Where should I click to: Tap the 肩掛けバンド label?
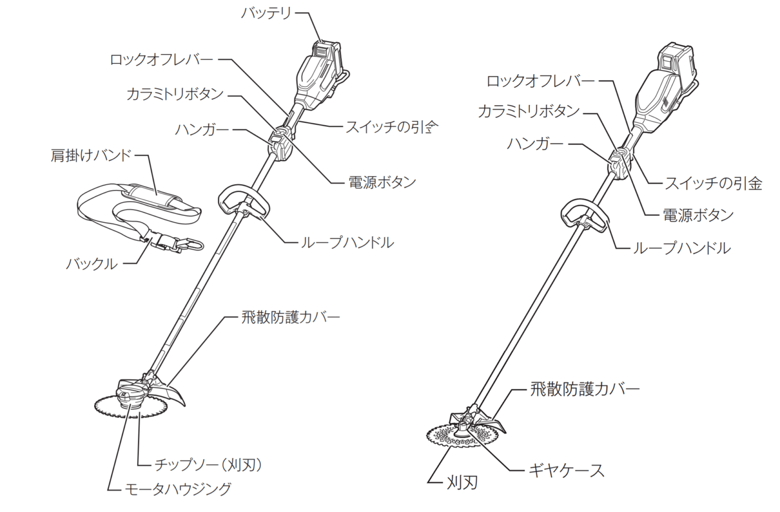[91, 155]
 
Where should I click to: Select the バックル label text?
[92, 264]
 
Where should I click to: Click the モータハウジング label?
[177, 489]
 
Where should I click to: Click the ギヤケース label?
[566, 471]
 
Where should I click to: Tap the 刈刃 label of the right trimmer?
[462, 483]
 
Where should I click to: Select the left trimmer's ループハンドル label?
[347, 242]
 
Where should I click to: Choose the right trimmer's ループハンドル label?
[681, 248]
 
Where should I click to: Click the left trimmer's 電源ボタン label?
[382, 182]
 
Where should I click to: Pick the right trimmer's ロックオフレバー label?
[540, 81]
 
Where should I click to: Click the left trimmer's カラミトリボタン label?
[175, 94]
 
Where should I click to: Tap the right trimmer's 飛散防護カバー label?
[585, 389]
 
